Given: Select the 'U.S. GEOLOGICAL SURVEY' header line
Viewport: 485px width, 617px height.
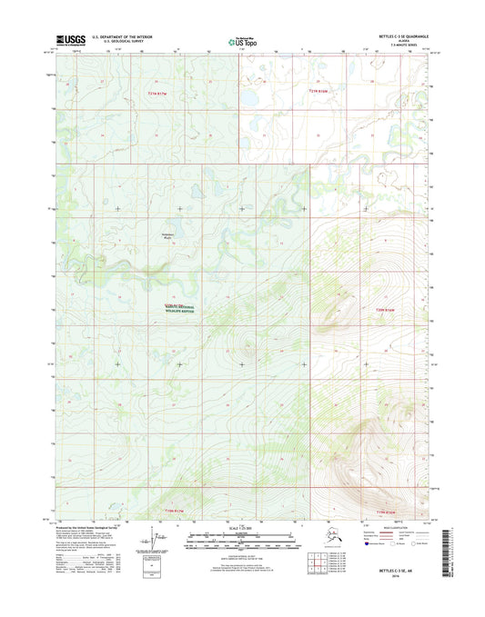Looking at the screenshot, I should [x=115, y=42].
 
